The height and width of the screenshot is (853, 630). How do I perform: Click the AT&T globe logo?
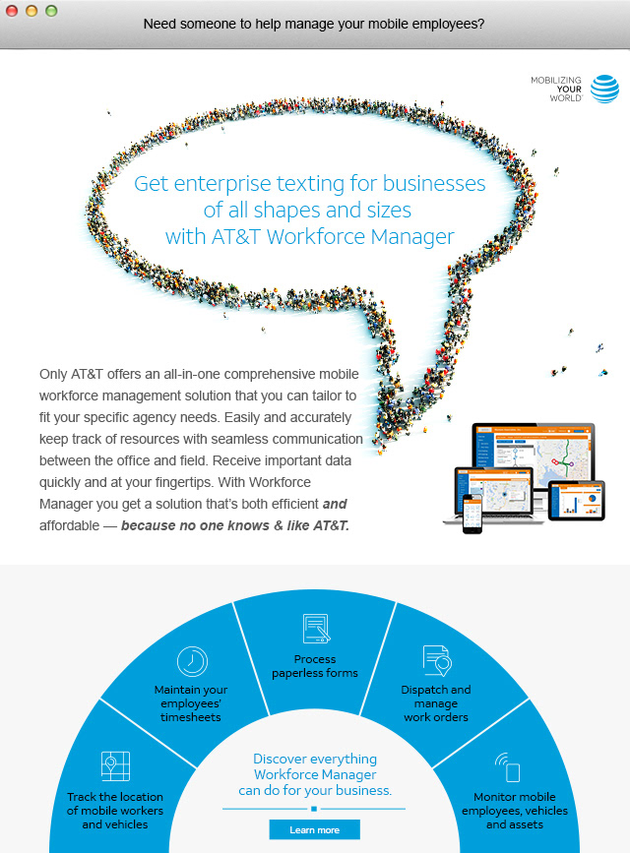point(605,89)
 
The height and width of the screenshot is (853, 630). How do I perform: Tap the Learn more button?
point(314,830)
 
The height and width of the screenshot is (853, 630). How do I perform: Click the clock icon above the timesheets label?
point(191,661)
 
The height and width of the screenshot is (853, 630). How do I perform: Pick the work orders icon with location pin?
point(436,661)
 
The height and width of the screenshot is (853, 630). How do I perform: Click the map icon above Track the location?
point(115,765)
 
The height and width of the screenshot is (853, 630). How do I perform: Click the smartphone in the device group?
point(472,513)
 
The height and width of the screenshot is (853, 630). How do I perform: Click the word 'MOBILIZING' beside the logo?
point(556,80)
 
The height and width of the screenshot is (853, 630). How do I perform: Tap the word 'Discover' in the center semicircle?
point(281,759)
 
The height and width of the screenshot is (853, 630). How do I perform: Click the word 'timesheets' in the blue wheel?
point(191,717)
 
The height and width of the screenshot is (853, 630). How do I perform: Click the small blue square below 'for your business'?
point(314,809)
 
